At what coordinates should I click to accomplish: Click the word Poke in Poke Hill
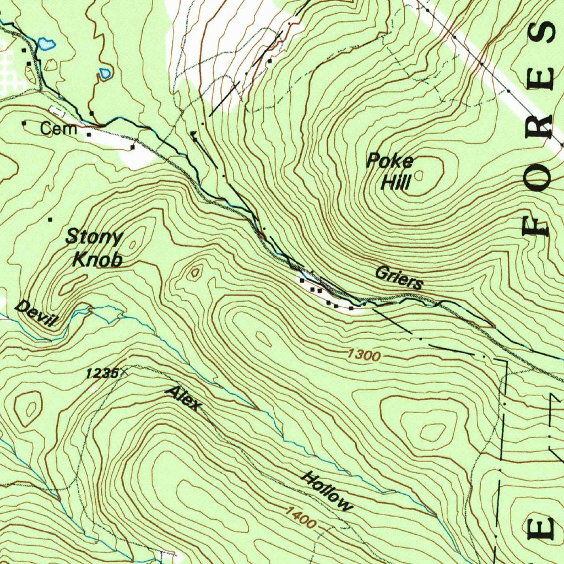(x=390, y=161)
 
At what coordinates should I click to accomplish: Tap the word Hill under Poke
(x=395, y=182)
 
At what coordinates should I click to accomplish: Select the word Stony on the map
(x=94, y=237)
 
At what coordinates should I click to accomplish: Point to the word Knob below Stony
(x=97, y=259)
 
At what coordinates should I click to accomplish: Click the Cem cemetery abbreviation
(x=58, y=130)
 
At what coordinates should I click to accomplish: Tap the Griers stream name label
(x=399, y=278)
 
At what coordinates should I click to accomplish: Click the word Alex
(x=184, y=398)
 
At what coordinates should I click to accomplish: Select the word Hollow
(x=326, y=491)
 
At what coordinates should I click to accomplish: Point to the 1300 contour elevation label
(x=364, y=356)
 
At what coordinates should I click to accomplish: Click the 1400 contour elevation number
(x=300, y=518)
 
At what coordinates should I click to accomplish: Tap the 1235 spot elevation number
(x=101, y=373)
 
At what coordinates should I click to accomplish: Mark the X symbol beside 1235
(x=122, y=373)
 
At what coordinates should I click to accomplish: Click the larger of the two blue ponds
(x=46, y=44)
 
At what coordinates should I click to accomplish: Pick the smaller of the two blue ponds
(x=105, y=73)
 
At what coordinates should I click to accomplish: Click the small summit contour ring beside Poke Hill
(x=419, y=175)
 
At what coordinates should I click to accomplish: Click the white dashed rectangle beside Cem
(x=58, y=113)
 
